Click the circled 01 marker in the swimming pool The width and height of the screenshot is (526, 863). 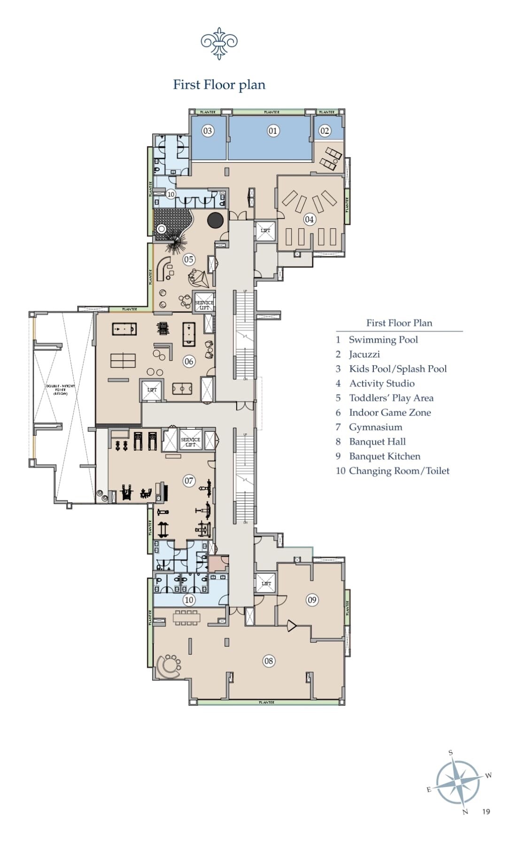pyautogui.click(x=273, y=131)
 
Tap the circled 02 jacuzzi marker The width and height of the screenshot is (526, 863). pyautogui.click(x=325, y=131)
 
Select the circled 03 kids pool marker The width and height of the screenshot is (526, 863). pyautogui.click(x=208, y=131)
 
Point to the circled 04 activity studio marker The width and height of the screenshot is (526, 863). pyautogui.click(x=309, y=219)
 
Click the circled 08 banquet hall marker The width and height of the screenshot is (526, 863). pyautogui.click(x=268, y=661)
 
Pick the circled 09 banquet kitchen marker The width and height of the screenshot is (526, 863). pyautogui.click(x=312, y=599)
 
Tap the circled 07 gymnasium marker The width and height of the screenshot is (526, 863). pyautogui.click(x=189, y=481)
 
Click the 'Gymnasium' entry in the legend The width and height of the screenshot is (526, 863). pyautogui.click(x=375, y=427)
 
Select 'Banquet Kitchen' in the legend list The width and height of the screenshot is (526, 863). pyautogui.click(x=384, y=456)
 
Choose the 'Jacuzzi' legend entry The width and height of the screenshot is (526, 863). pyautogui.click(x=364, y=355)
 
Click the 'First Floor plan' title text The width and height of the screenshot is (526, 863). pyautogui.click(x=219, y=85)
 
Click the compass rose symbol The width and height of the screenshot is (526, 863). pyautogui.click(x=458, y=782)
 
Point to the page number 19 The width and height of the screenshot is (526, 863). pyautogui.click(x=486, y=812)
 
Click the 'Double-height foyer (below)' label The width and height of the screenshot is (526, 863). pyautogui.click(x=61, y=390)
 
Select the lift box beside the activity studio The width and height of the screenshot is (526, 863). pyautogui.click(x=265, y=231)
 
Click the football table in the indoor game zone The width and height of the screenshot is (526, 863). pyautogui.click(x=182, y=389)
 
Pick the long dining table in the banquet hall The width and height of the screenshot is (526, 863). pyautogui.click(x=186, y=617)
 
